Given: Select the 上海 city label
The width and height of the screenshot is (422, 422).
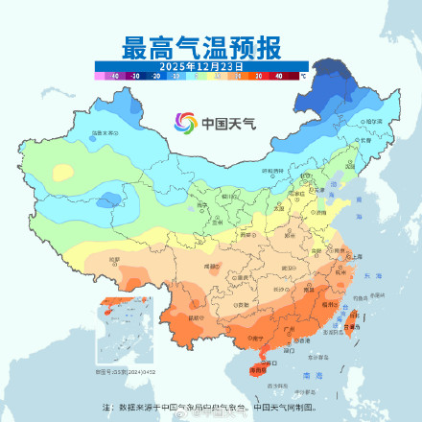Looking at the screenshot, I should click(x=355, y=257).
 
